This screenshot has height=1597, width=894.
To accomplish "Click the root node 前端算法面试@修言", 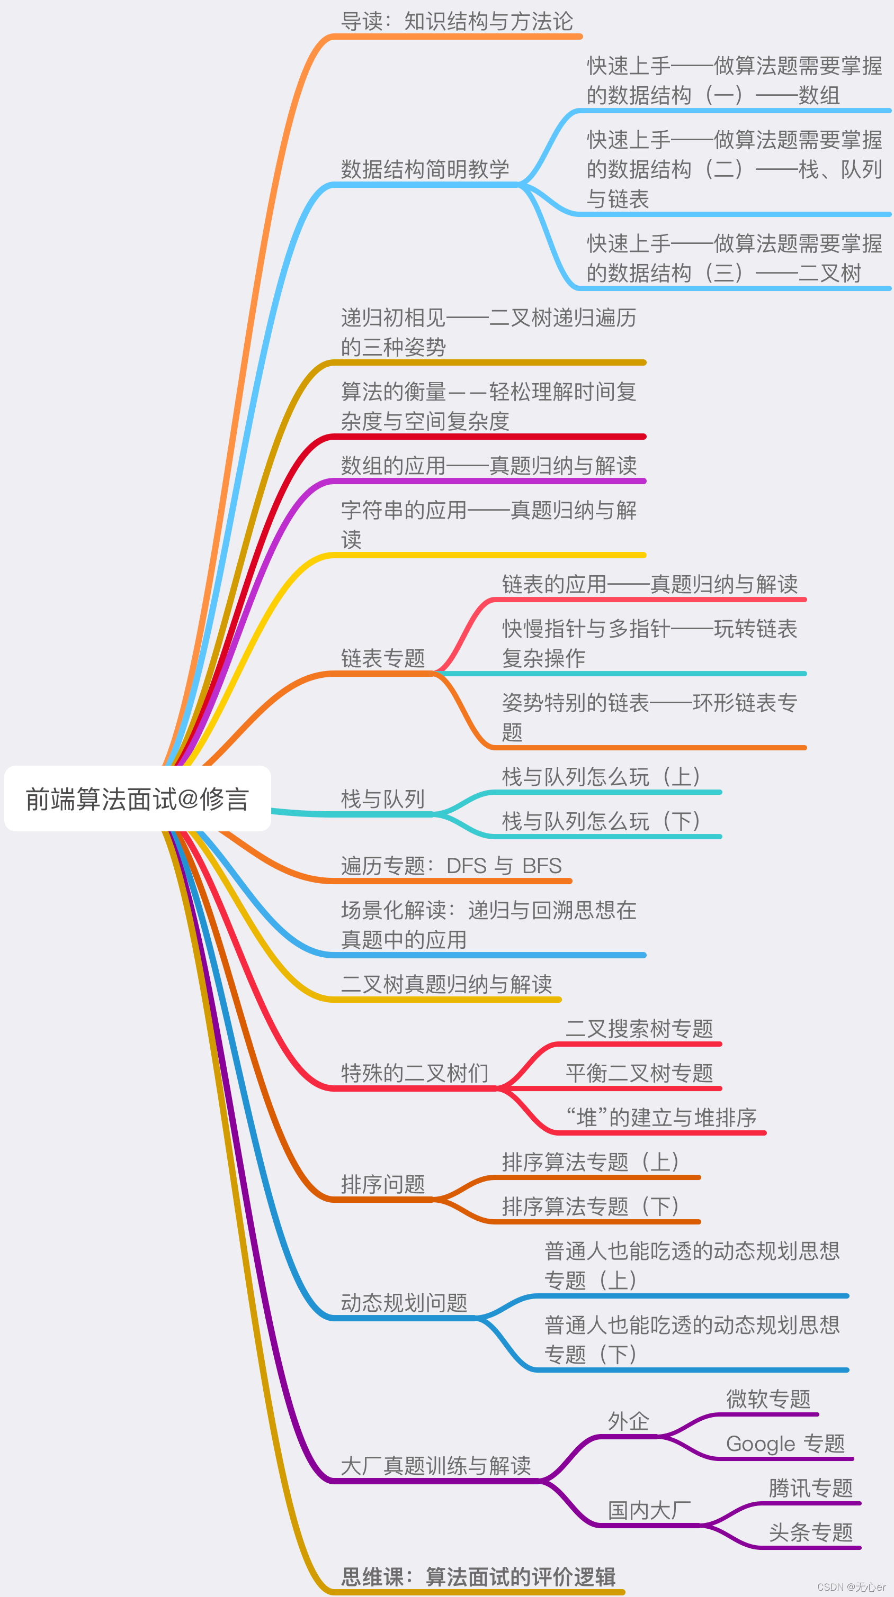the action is coord(137,799).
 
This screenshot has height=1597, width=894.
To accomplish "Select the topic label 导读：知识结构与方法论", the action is coord(457,22).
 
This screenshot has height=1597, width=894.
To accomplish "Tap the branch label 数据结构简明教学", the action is coord(425,169).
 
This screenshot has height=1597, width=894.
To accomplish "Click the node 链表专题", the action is coord(383,658).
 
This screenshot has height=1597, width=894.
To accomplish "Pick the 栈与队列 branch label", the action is coord(383,799).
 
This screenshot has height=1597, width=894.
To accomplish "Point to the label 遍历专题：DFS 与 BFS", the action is coord(451,866).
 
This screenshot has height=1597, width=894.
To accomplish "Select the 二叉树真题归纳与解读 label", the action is coord(446,984).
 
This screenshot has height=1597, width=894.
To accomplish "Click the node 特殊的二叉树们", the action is coord(415,1073).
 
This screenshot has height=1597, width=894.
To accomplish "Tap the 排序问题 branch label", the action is coord(383,1184).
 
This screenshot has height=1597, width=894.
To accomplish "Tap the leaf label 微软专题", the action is coord(768,1399).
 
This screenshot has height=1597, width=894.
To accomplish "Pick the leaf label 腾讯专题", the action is coord(810,1488).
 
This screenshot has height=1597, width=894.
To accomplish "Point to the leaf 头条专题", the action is coord(810,1532).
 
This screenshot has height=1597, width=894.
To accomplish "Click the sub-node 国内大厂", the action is coord(649,1510).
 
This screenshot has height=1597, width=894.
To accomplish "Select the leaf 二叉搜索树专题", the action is coord(639,1029).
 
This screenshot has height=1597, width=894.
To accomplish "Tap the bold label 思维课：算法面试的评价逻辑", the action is coord(478,1576).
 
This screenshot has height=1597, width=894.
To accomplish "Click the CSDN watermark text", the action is coord(851,1587).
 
